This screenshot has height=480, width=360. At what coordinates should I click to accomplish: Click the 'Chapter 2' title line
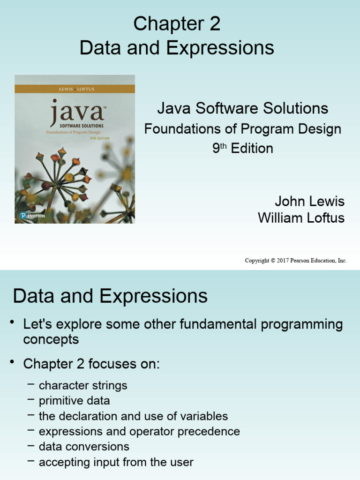click(177, 24)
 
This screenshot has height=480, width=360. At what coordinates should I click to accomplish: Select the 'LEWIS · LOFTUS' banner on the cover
click(75, 89)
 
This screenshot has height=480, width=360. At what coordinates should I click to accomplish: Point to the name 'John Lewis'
click(309, 202)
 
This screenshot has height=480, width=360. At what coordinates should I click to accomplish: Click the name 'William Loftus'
click(301, 218)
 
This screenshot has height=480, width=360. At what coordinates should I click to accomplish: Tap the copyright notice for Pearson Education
click(296, 261)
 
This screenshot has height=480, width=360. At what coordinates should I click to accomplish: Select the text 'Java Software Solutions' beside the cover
click(242, 109)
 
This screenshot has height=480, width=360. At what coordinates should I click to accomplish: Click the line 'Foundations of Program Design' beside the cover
click(242, 129)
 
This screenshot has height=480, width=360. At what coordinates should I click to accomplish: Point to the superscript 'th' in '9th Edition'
click(224, 145)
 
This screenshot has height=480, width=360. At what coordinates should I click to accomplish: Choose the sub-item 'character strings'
click(83, 386)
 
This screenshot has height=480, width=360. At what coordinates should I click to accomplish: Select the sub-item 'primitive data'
click(74, 401)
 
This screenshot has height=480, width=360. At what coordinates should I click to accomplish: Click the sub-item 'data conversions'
click(84, 447)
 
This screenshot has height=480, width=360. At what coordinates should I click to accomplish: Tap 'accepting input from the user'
click(116, 462)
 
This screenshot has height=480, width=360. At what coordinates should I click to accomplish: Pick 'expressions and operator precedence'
click(139, 431)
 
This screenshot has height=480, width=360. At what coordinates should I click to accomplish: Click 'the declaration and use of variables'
click(133, 416)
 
